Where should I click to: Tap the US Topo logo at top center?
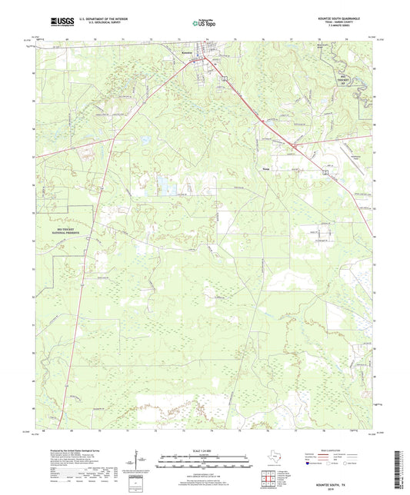pyautogui.click(x=204, y=24)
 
